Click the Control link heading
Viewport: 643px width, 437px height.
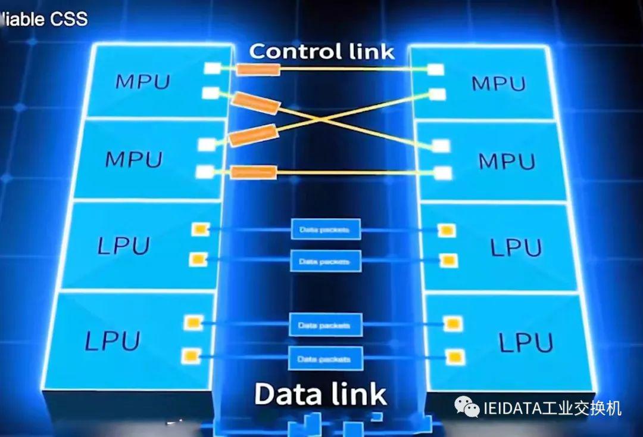coord(321,51)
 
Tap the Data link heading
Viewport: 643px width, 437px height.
coord(320,394)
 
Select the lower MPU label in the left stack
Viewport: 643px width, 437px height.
coord(133,159)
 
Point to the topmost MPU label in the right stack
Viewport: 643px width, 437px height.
coord(498,83)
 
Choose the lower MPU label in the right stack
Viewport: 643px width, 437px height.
coord(507,161)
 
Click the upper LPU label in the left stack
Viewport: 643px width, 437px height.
coord(123,245)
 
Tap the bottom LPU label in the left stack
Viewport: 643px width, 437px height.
coord(113,340)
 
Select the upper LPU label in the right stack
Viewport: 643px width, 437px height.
coord(516,247)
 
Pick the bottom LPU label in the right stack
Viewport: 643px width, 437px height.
coord(526,342)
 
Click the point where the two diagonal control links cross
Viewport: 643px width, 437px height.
coord(322,119)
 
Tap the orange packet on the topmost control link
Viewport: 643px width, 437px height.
coord(258,70)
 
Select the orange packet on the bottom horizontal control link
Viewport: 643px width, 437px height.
coord(254,172)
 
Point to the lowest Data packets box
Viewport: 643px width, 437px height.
coord(326,359)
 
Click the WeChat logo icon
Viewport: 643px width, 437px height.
coord(467,407)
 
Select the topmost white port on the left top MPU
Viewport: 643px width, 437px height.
coord(212,69)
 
